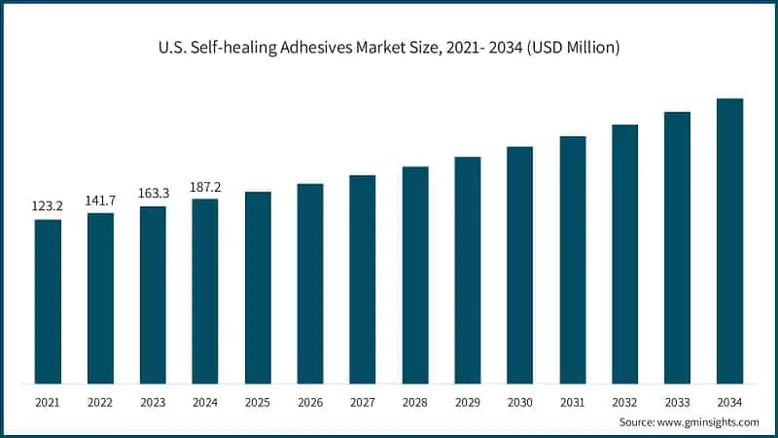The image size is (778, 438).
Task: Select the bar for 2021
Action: pyautogui.click(x=48, y=301)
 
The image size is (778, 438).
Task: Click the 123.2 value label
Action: pyautogui.click(x=48, y=207)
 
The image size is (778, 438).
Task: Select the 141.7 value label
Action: pyautogui.click(x=100, y=201)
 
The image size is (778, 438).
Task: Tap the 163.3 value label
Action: pyautogui.click(x=153, y=194)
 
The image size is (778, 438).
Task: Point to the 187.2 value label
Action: pyautogui.click(x=205, y=186)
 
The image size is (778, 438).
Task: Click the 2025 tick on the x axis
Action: pyautogui.click(x=258, y=402)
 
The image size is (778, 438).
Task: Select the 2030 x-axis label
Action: pyautogui.click(x=520, y=402)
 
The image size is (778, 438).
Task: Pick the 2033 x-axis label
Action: pyautogui.click(x=677, y=402)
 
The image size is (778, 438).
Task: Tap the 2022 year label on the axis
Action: pyautogui.click(x=100, y=402)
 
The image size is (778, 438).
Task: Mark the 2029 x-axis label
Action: pyautogui.click(x=468, y=402)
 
